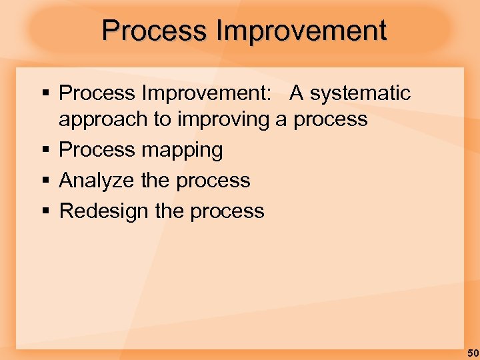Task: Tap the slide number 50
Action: tap(472, 352)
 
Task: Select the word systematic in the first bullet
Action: tap(360, 93)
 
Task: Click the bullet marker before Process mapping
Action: tap(45, 150)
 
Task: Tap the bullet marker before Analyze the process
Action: tap(45, 180)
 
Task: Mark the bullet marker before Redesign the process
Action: tap(45, 211)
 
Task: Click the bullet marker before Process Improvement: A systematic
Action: tap(45, 93)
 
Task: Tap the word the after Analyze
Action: tap(155, 180)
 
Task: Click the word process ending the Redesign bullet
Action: tap(227, 211)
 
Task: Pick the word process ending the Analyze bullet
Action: tap(213, 181)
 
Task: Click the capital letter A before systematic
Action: tap(297, 93)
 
